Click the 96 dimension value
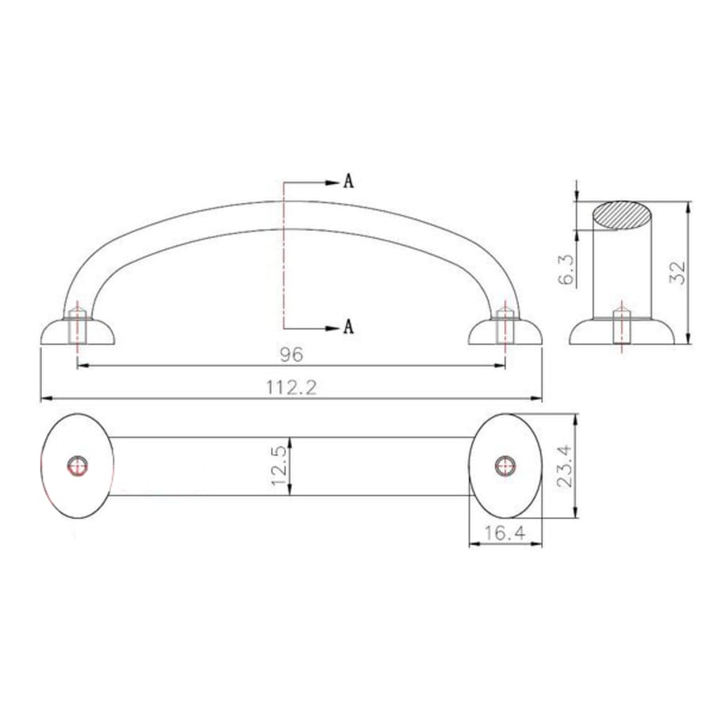coord(290,353)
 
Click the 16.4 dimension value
coord(505,534)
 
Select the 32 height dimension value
coord(678,273)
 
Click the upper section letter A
coord(347,182)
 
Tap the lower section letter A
coord(347,327)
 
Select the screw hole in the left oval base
coord(77,466)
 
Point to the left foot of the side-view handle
coord(78,332)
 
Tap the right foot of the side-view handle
coord(505,332)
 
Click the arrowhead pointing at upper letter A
coord(333,182)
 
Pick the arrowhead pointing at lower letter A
coord(333,327)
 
